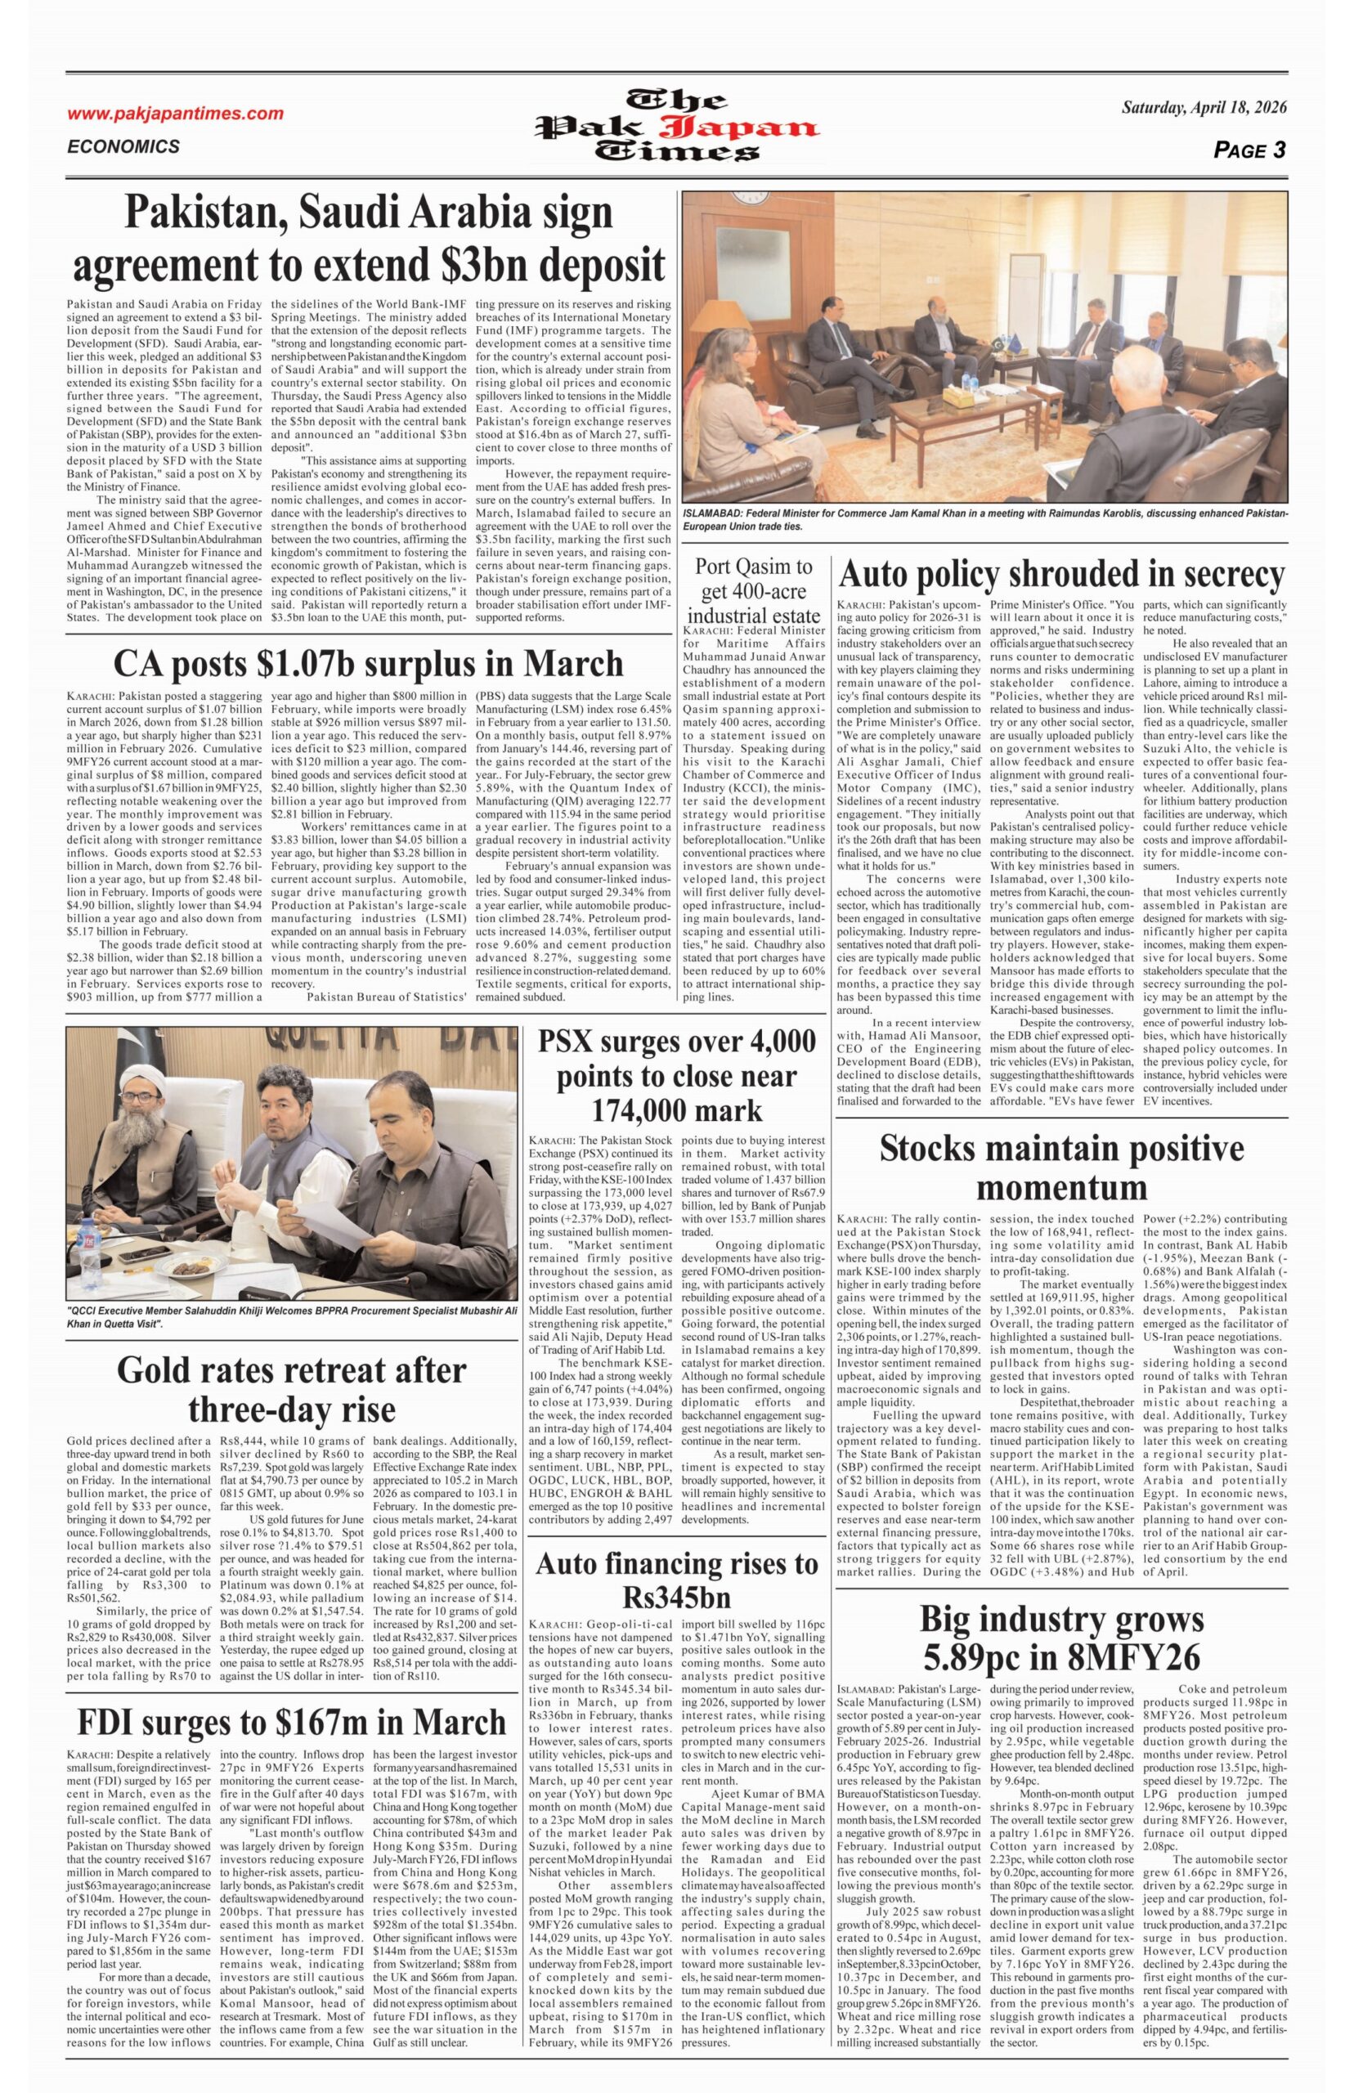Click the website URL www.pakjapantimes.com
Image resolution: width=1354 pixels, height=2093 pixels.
(x=176, y=114)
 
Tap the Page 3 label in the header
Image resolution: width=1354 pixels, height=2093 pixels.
(x=1249, y=150)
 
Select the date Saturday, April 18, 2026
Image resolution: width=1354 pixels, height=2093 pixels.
(x=1204, y=108)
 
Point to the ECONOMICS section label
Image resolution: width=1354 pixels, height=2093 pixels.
(x=123, y=147)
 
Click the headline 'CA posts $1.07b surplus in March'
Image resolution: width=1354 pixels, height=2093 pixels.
(x=370, y=663)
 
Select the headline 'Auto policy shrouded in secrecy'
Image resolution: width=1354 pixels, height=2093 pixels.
(x=1062, y=575)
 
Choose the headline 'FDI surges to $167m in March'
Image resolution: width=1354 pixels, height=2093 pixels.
(x=291, y=1696)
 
